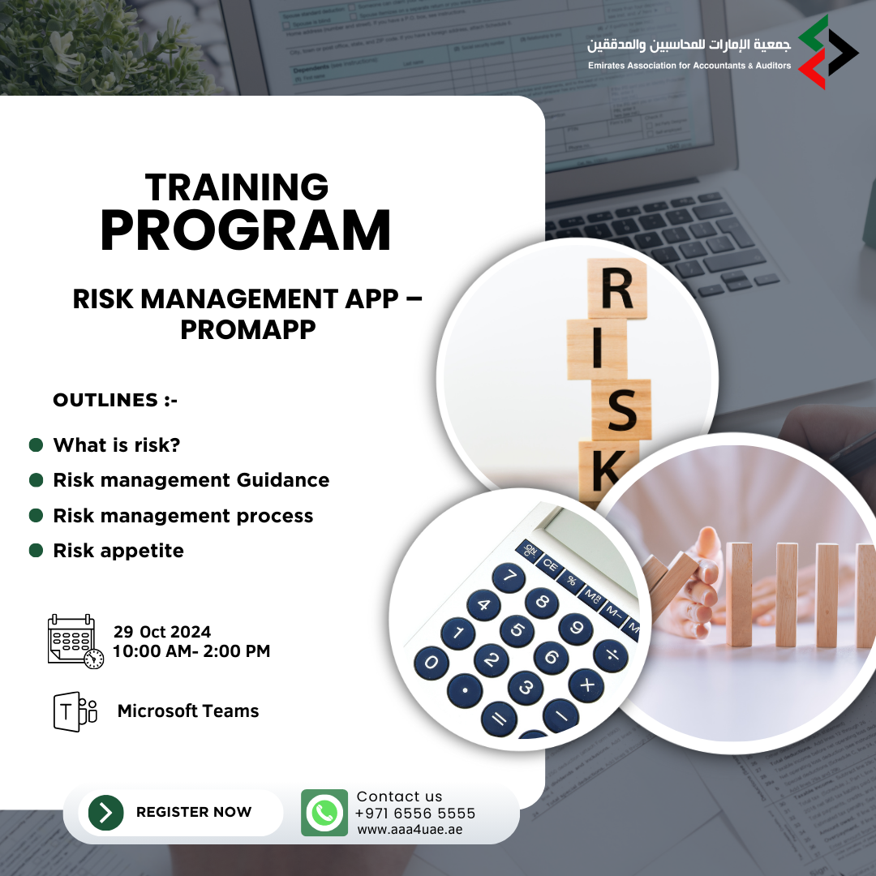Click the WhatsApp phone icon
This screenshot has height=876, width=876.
(324, 812)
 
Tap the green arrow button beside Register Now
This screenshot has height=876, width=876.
(106, 812)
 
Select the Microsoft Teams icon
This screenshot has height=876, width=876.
(75, 711)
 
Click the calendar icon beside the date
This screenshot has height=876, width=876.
(75, 642)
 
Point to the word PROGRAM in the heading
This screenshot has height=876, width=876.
(245, 230)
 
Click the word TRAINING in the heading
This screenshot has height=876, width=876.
(237, 187)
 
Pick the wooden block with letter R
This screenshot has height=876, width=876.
(617, 288)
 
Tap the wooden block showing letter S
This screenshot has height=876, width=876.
(621, 410)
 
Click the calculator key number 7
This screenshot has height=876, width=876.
(509, 577)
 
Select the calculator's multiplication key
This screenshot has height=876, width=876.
(586, 685)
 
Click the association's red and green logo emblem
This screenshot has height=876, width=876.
(828, 52)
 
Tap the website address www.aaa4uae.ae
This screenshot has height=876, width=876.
(410, 830)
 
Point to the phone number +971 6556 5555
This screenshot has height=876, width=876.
(415, 813)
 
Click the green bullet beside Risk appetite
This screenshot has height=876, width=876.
(36, 550)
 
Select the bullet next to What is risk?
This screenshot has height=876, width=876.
(36, 444)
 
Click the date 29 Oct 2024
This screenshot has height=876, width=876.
(162, 632)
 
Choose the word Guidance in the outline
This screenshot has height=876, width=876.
(283, 480)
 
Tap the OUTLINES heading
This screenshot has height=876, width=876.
(115, 400)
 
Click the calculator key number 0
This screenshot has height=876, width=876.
(432, 663)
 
